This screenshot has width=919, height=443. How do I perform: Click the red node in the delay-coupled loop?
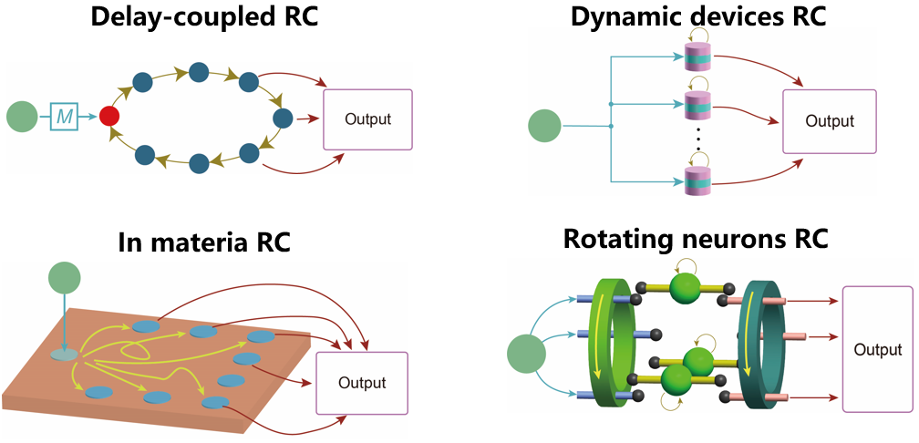pyautogui.click(x=110, y=117)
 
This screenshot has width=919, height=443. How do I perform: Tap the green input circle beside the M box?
pyautogui.click(x=22, y=117)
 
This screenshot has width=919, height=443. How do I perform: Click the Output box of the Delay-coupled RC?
pyautogui.click(x=368, y=119)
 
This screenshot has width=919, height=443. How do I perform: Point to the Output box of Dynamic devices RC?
pyautogui.click(x=829, y=121)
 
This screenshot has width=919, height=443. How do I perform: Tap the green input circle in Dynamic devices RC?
pyautogui.click(x=545, y=126)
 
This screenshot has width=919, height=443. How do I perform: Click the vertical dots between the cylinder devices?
pyautogui.click(x=697, y=139)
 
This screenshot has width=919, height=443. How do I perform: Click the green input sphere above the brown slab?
pyautogui.click(x=64, y=278)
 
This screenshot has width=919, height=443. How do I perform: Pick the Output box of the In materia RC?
pyautogui.click(x=361, y=383)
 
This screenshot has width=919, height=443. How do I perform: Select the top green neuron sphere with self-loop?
pyautogui.click(x=687, y=291)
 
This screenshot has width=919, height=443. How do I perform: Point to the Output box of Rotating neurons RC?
pyautogui.click(x=878, y=349)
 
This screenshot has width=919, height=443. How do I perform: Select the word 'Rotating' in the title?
pyautogui.click(x=620, y=239)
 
